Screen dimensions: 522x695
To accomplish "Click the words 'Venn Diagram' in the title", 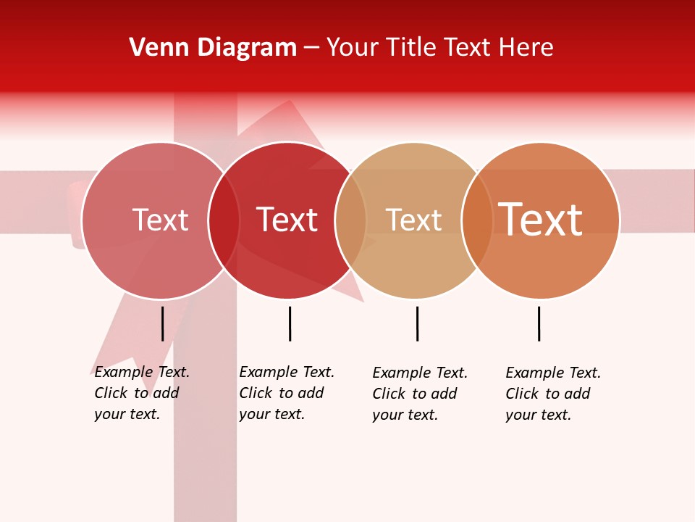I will coord(213,48).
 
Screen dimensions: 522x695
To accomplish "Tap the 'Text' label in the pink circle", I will coord(160,220).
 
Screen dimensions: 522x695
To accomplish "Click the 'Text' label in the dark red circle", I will coord(287,220).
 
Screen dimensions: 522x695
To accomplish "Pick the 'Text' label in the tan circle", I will coord(413,220).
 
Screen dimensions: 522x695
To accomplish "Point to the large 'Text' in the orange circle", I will coord(540,220).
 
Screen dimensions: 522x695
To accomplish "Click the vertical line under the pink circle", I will coord(163,323).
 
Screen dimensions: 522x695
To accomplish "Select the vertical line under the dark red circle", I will coord(290,323).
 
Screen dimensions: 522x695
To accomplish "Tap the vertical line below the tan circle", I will coord(417,323).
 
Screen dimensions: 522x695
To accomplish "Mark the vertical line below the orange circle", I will coord(539,323).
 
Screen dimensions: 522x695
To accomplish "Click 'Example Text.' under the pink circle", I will coord(142,372).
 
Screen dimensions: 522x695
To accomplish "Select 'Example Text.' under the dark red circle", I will coord(287,372).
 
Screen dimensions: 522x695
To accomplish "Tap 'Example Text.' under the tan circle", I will coord(420,373).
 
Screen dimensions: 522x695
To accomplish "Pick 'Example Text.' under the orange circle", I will coord(553,373).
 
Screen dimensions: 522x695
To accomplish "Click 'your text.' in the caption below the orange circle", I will coord(538,415).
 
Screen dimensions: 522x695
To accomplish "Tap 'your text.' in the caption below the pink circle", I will coord(127,414).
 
